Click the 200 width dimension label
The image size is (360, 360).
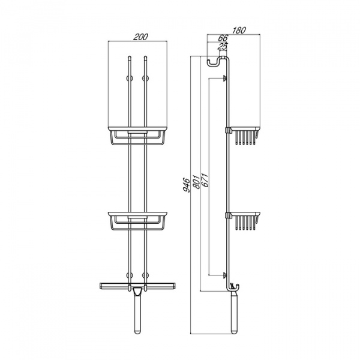tap(141, 37)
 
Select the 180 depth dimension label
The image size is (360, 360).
tap(239, 30)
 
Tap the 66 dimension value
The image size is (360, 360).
tap(223, 38)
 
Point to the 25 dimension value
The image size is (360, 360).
tap(222, 46)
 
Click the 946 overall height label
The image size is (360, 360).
tap(187, 185)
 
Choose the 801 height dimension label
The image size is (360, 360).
tap(196, 182)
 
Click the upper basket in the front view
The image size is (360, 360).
tap(137, 136)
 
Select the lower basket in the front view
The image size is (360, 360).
tap(137, 221)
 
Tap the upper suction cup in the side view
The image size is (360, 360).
tap(225, 78)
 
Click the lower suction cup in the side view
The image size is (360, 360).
tap(225, 275)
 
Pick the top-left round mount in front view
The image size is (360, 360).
tap(130, 78)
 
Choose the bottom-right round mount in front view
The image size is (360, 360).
tap(145, 275)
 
